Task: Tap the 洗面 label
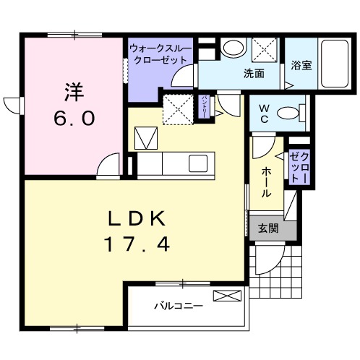(x=253, y=73)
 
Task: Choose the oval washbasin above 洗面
(x=232, y=48)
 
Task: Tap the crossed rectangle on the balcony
(x=226, y=296)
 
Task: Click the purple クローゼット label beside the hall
(x=300, y=168)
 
